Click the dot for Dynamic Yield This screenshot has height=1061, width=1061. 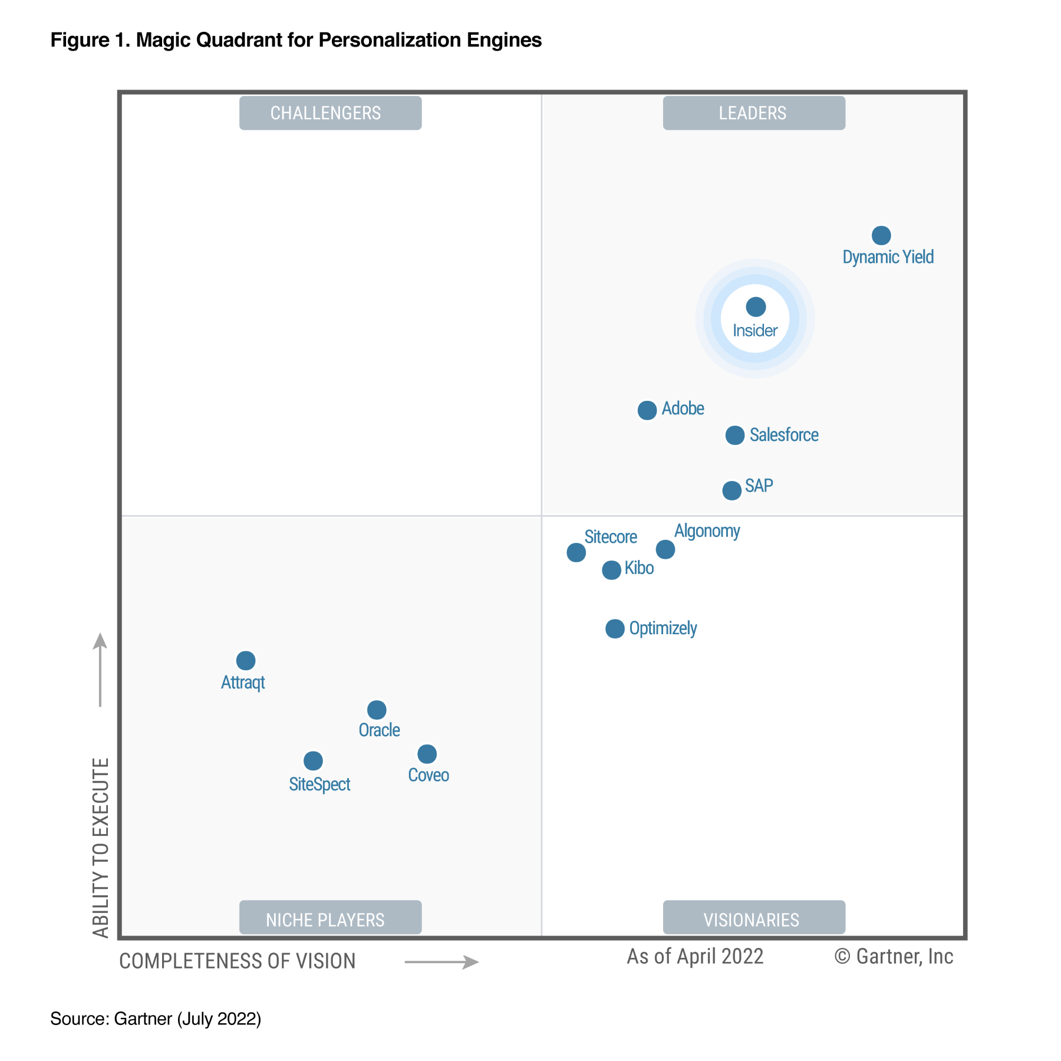pyautogui.click(x=881, y=235)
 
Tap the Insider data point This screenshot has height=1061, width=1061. pyautogui.click(x=756, y=307)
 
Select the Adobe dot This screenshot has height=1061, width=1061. pyautogui.click(x=647, y=410)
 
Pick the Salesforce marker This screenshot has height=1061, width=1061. pyautogui.click(x=735, y=436)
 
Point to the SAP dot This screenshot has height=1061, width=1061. pyautogui.click(x=732, y=490)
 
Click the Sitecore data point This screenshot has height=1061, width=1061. pyautogui.click(x=576, y=552)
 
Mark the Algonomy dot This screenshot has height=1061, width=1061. pyautogui.click(x=665, y=549)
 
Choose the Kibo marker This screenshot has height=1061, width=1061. pyautogui.click(x=612, y=570)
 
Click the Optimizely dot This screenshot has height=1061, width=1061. pyautogui.click(x=615, y=629)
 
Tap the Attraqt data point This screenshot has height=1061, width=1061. pyautogui.click(x=246, y=660)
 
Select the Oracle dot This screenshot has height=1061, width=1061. pyautogui.click(x=377, y=710)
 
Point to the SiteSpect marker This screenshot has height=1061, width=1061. pyautogui.click(x=313, y=761)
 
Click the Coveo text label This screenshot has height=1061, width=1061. pyautogui.click(x=429, y=775)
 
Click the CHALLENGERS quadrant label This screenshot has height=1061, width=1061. pyautogui.click(x=330, y=113)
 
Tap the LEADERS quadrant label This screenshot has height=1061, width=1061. pyautogui.click(x=754, y=113)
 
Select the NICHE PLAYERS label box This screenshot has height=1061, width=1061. pyautogui.click(x=330, y=918)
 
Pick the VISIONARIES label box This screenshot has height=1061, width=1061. pyautogui.click(x=754, y=918)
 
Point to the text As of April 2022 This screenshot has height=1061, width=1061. pyautogui.click(x=695, y=957)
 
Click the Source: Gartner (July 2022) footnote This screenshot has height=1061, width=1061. pyautogui.click(x=156, y=1019)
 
